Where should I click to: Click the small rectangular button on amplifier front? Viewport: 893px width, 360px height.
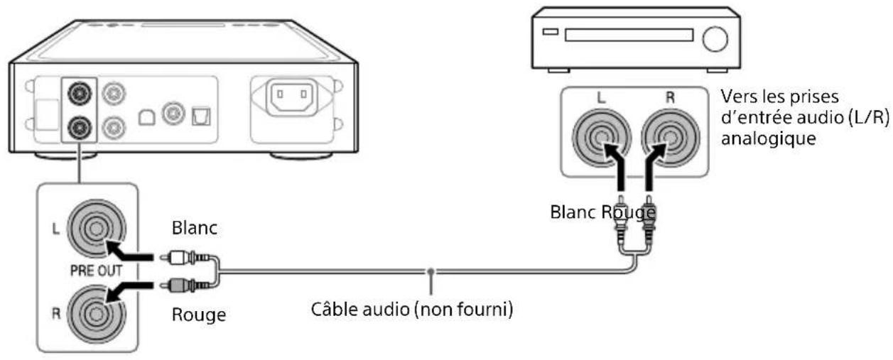point(551,33)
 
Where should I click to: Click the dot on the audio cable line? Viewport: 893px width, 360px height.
point(431,271)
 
